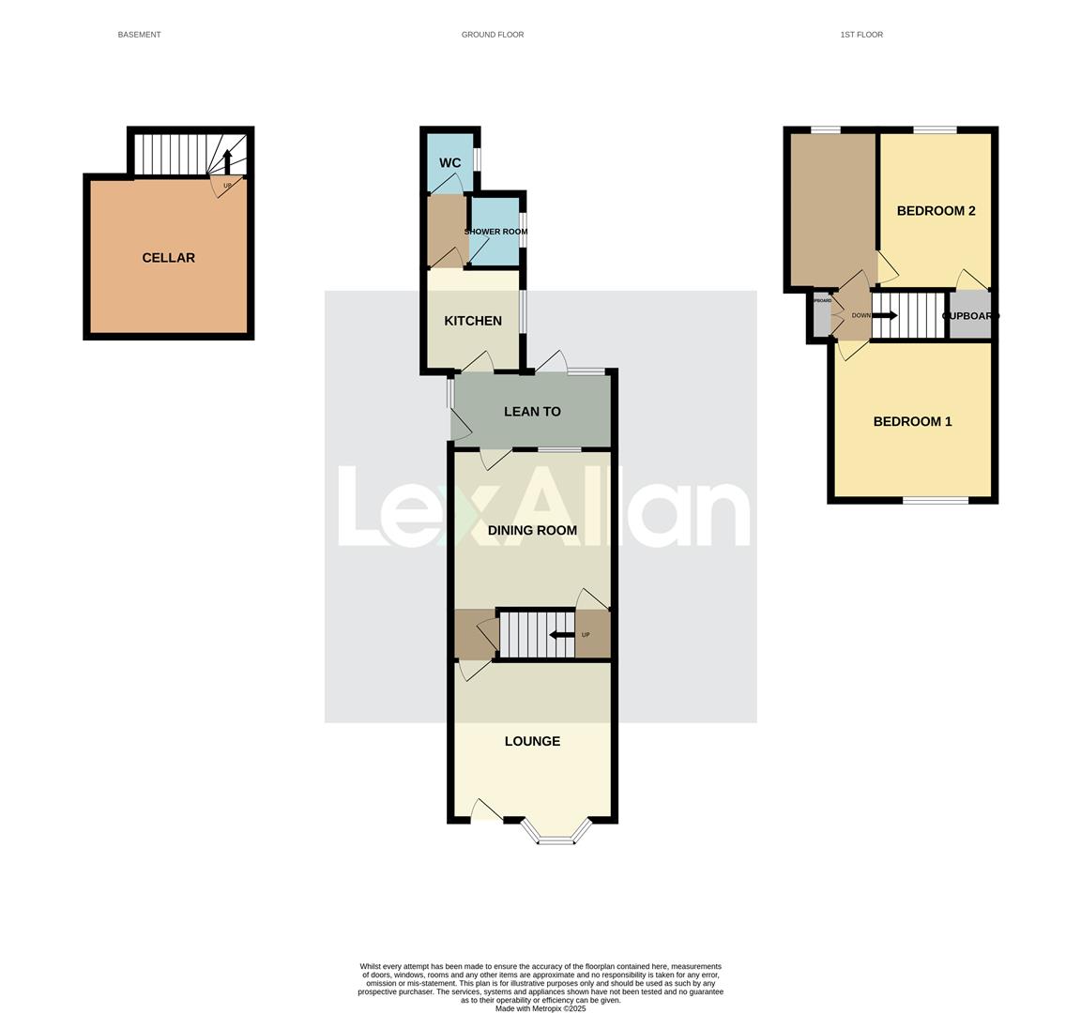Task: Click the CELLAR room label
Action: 168,258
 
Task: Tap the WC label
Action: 449,163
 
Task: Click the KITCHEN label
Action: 473,321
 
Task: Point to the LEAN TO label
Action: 532,412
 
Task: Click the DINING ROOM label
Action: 532,531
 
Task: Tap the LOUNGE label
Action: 532,741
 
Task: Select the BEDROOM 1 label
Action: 912,422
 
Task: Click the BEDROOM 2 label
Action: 936,211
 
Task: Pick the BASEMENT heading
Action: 139,35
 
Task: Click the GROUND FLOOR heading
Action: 493,35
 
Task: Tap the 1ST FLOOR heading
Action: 861,35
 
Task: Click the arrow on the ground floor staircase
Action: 561,635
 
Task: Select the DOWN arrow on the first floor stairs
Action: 884,316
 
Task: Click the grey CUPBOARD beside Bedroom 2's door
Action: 970,316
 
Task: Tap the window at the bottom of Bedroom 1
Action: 936,501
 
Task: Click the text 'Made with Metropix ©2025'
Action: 540,1008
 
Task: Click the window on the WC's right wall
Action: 478,159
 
